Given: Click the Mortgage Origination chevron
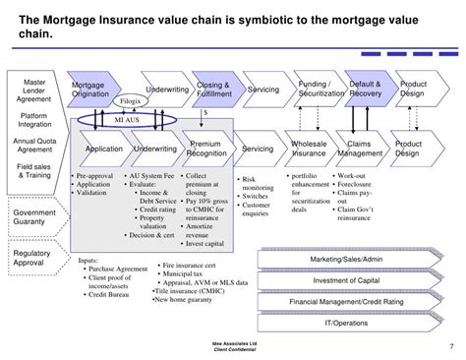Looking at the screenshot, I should [x=93, y=90].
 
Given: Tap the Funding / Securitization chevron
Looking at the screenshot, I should [x=319, y=90].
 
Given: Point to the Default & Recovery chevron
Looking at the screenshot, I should [x=368, y=90].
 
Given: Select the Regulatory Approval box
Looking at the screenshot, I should [x=33, y=259].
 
